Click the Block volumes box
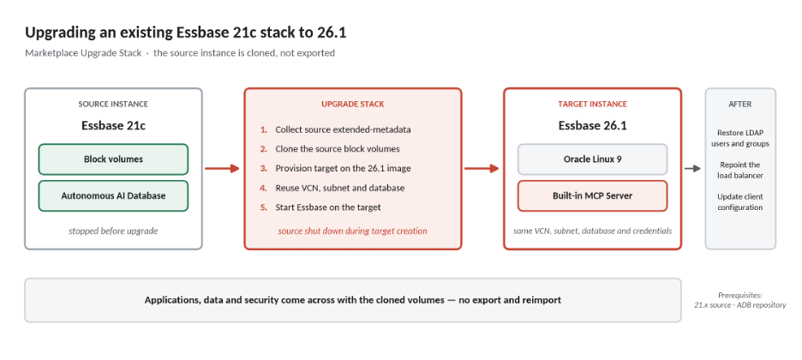click(113, 159)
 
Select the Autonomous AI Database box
click(113, 195)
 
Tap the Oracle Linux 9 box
click(592, 159)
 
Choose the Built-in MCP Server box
click(592, 195)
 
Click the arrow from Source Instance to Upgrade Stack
click(222, 168)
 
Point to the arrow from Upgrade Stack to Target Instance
click(482, 168)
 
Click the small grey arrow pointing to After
click(692, 168)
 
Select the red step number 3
click(263, 168)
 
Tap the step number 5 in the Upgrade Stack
click(263, 207)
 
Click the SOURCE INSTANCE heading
click(113, 105)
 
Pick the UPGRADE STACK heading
click(352, 105)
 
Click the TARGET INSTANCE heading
click(592, 105)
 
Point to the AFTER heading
click(740, 105)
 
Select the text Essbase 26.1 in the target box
click(592, 125)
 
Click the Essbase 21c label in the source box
click(113, 125)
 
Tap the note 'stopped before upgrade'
click(113, 231)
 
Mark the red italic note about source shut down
click(352, 231)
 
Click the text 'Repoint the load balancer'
click(740, 171)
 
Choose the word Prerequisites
click(740, 295)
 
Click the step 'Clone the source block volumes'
click(338, 149)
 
